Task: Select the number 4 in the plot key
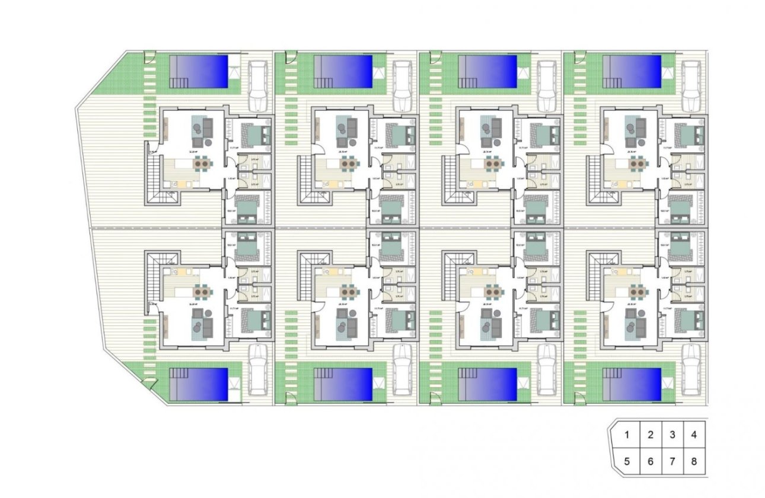tap(694, 435)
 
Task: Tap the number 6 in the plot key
tap(650, 461)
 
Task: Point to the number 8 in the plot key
tap(694, 461)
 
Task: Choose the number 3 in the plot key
tap(672, 435)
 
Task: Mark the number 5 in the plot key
tap(627, 461)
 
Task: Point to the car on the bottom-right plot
tap(690, 370)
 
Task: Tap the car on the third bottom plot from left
tap(546, 370)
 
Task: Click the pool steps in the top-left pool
tap(178, 82)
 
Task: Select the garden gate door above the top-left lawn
tap(148, 58)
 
